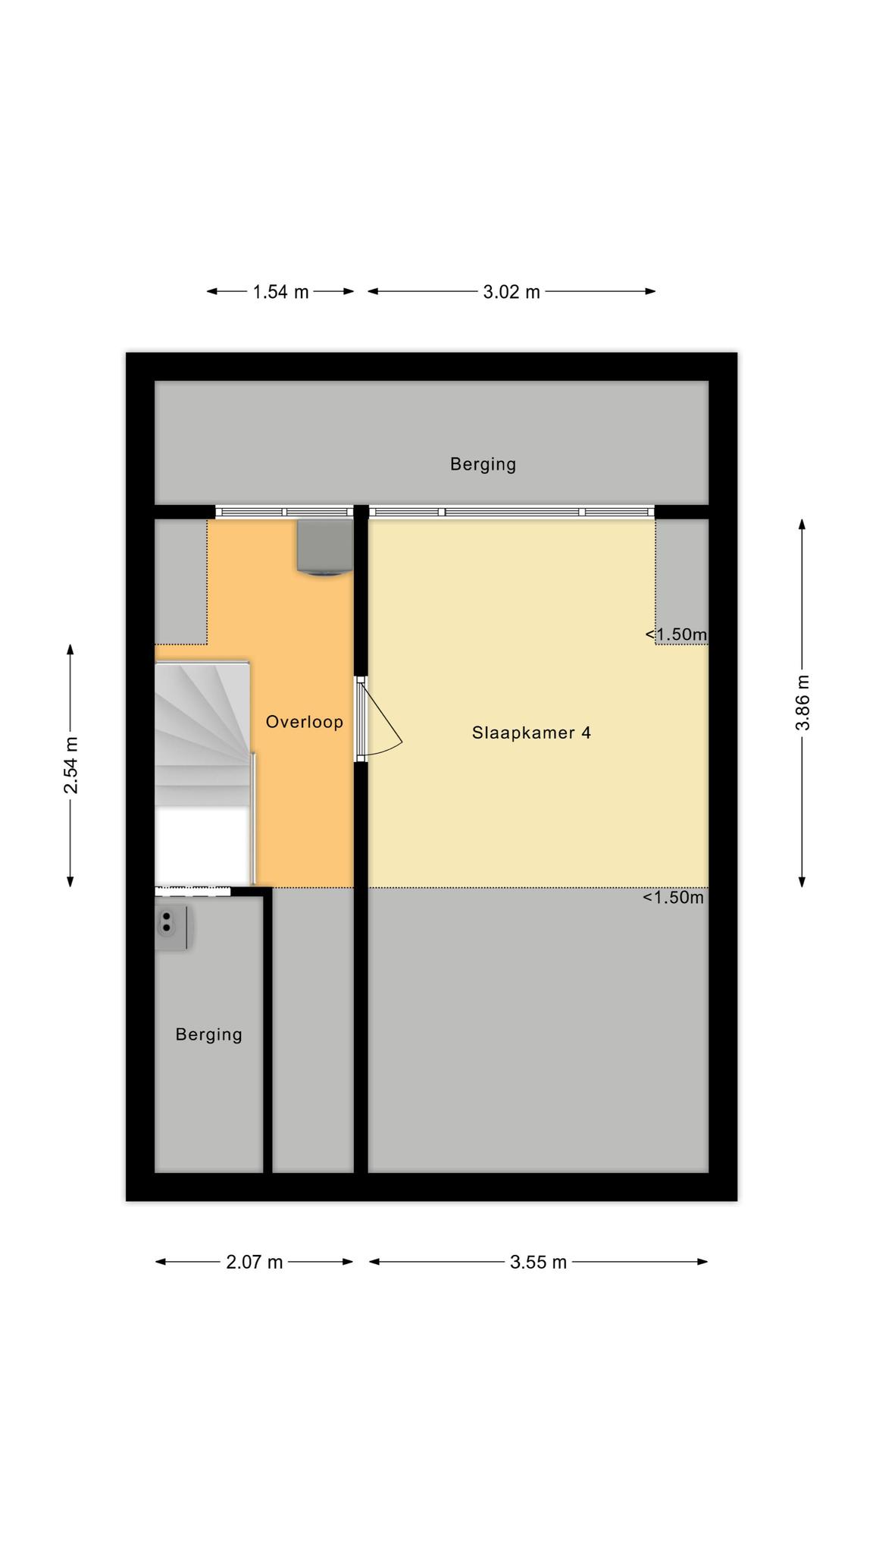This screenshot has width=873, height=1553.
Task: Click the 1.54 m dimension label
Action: [x=280, y=292]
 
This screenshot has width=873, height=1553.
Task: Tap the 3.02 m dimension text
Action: [x=512, y=292]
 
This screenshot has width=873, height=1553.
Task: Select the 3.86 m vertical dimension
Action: [x=803, y=703]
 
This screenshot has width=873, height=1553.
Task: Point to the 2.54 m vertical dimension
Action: [x=70, y=765]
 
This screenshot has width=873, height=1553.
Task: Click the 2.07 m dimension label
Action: [x=255, y=1262]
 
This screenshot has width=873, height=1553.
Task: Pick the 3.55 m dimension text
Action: [x=538, y=1262]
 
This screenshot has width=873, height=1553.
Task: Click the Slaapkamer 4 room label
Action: [x=531, y=733]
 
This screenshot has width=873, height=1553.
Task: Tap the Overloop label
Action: [x=305, y=722]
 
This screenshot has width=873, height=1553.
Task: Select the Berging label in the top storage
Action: [x=483, y=464]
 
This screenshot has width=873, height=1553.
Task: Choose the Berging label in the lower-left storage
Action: [x=209, y=1034]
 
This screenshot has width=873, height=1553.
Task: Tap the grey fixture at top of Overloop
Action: [x=325, y=547]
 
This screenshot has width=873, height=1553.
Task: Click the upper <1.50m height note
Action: [x=676, y=634]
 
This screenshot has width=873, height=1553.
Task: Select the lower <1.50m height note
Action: [x=674, y=898]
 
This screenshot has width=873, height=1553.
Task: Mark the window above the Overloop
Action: [x=284, y=513]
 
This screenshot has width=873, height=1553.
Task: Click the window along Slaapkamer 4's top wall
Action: [x=512, y=513]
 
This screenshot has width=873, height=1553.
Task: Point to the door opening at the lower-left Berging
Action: [x=192, y=892]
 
